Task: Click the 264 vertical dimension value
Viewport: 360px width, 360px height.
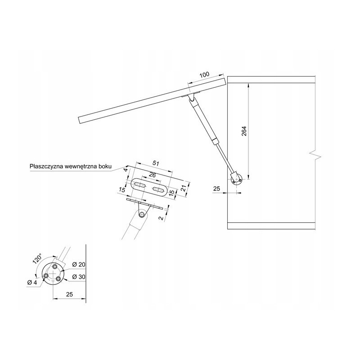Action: [x=244, y=131]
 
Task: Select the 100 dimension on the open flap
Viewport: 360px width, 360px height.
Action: [x=204, y=75]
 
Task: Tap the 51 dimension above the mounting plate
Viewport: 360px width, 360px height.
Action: [x=156, y=163]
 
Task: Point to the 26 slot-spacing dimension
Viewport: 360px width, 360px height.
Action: [x=152, y=175]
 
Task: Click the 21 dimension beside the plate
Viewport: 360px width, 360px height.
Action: [x=183, y=188]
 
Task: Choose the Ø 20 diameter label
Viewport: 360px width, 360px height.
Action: [x=79, y=264]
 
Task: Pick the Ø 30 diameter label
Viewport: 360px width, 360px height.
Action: [x=79, y=277]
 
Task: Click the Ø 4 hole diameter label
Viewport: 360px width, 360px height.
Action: [x=32, y=283]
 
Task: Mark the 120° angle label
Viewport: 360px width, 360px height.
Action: [x=37, y=259]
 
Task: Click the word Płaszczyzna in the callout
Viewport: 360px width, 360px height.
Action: [x=46, y=166]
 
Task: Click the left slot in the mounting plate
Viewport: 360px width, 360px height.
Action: [x=140, y=184]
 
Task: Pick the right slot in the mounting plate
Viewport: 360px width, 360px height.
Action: [x=159, y=190]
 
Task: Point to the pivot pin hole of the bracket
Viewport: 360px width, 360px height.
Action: [x=141, y=215]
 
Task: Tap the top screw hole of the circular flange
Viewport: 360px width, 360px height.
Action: [x=55, y=267]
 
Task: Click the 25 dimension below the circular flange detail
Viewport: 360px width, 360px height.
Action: [x=69, y=294]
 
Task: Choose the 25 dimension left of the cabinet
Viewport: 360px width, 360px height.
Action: [x=216, y=189]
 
